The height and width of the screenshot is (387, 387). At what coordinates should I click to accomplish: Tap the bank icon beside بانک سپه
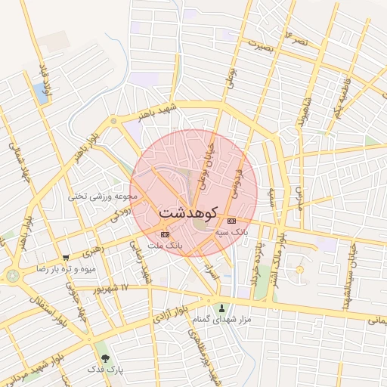point(231,221)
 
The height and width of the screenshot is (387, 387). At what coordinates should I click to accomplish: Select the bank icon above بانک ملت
point(166,234)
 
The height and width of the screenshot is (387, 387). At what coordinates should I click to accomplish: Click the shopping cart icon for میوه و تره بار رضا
point(66,257)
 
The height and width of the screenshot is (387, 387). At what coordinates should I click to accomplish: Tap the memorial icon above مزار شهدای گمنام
point(221,308)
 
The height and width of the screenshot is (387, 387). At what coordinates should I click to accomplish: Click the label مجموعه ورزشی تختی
point(104,196)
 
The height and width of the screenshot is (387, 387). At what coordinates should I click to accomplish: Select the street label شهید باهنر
point(156,112)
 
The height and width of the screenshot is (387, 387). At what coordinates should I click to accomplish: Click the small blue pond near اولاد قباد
point(39,93)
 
